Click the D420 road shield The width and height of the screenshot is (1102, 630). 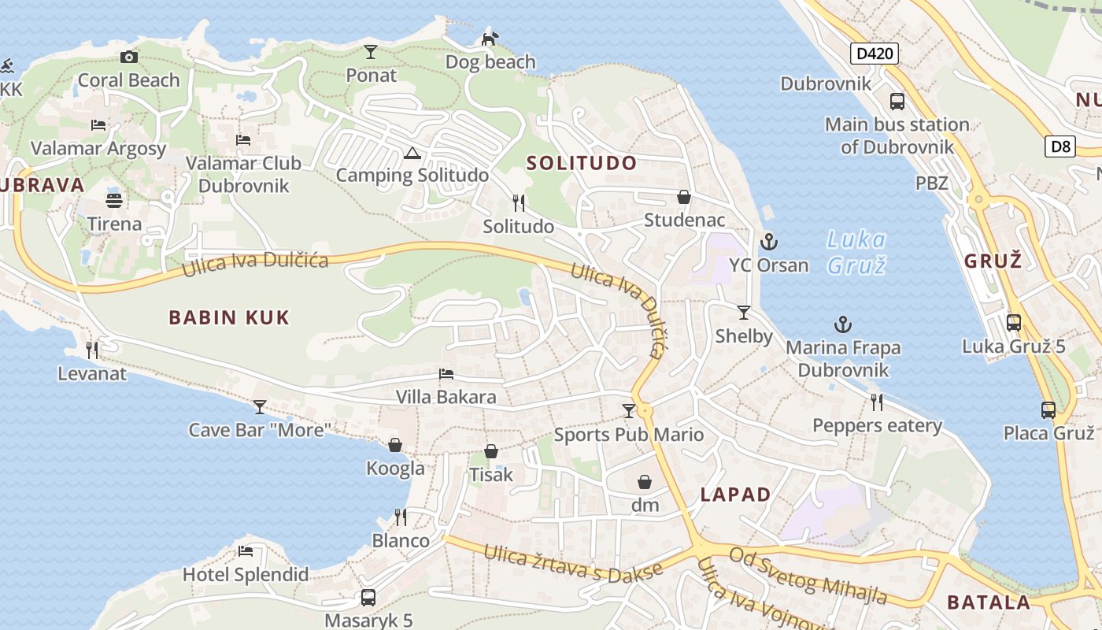[x=875, y=54]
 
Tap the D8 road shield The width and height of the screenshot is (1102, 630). [x=1061, y=146]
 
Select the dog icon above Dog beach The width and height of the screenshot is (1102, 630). [x=490, y=38]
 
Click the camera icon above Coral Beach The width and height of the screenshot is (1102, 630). [x=129, y=57]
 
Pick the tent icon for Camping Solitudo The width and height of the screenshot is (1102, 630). [x=412, y=153]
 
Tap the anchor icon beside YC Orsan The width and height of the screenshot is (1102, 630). [x=768, y=242]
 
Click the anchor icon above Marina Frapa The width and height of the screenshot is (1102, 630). [x=843, y=324]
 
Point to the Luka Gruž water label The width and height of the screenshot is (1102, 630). [x=857, y=252]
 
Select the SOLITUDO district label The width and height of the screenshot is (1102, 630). [x=582, y=163]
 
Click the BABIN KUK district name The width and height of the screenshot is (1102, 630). [x=229, y=317]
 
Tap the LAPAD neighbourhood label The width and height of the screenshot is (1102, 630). [x=735, y=495]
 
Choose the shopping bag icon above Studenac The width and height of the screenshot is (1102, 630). [x=684, y=196]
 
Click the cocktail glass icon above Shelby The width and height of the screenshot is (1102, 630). [x=743, y=313]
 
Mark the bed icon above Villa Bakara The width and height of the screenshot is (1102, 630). [x=446, y=374]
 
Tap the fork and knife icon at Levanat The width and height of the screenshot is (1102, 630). [x=92, y=350]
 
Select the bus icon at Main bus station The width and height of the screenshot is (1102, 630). [x=897, y=101]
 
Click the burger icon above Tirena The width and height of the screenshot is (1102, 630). [x=114, y=200]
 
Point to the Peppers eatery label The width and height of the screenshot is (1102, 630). [x=877, y=426]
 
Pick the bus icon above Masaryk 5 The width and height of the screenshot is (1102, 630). [x=368, y=598]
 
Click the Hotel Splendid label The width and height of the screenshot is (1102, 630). [x=246, y=574]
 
